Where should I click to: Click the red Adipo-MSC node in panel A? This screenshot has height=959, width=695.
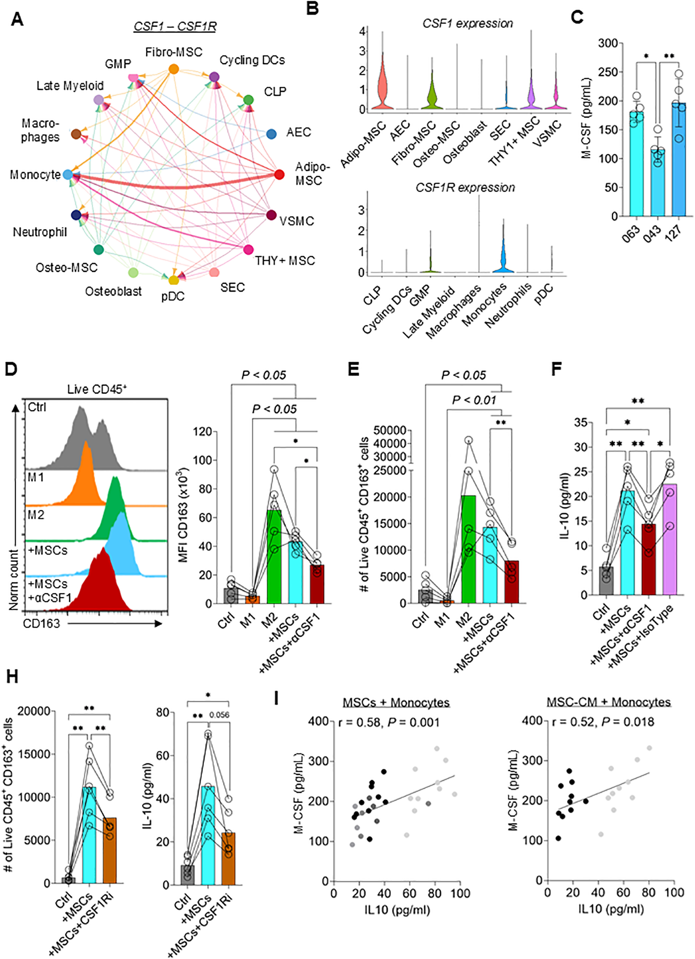pos(279,174)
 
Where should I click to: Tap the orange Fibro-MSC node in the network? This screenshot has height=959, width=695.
pos(174,68)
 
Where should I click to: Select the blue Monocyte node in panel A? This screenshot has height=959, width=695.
pos(68,174)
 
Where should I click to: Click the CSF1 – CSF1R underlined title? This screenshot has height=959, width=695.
pos(175,26)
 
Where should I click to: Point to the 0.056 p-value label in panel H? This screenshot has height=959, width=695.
pos(219,715)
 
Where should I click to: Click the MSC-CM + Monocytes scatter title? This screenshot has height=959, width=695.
pos(608,702)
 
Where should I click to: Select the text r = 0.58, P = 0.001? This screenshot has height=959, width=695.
pos(389,722)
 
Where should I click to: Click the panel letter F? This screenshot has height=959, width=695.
pos(556,368)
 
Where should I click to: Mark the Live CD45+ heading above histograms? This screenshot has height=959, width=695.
pos(97,389)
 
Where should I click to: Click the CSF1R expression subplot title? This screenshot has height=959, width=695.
pos(465,187)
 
